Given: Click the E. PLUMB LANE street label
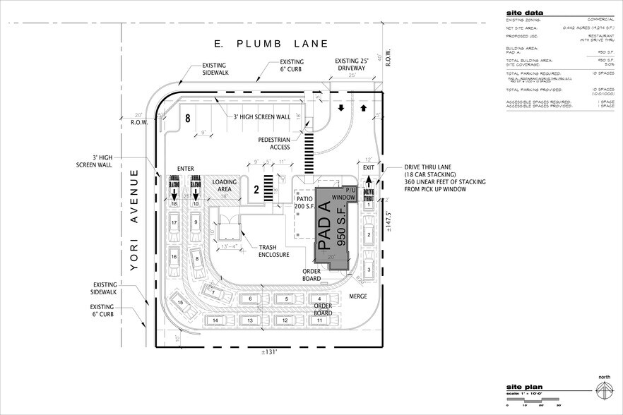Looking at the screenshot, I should (272, 44).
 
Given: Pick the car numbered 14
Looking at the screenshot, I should (215, 320).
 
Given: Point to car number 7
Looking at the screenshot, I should (212, 290).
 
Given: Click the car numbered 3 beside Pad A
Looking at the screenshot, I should (368, 270).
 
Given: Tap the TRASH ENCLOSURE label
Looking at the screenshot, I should (273, 251).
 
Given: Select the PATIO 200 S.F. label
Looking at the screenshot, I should (304, 203).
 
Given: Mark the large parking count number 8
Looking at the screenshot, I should (189, 119).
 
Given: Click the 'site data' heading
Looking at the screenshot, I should (523, 13).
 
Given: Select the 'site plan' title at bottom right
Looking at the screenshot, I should (523, 387).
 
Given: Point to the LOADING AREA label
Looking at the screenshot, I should (225, 186).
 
